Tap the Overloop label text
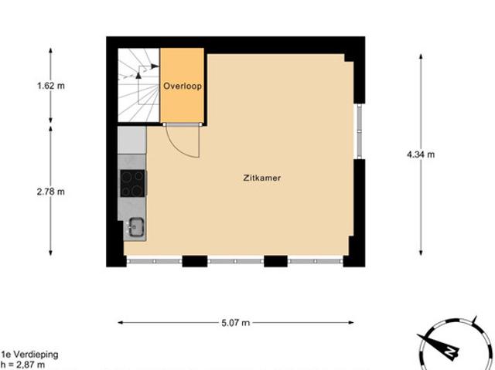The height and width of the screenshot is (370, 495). tap(182, 87)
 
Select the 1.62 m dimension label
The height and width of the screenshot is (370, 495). tap(51, 86)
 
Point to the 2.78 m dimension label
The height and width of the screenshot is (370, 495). tap(51, 192)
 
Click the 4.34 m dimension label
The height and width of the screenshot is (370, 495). tap(421, 154)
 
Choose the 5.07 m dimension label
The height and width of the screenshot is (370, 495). tap(236, 323)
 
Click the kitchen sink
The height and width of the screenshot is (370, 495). tap(135, 227)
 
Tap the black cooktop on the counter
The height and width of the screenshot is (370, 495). tap(132, 184)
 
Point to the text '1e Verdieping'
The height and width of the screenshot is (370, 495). tap(29, 355)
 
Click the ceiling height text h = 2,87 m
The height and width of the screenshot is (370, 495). tap(23, 365)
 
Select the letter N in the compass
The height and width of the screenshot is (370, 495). tap(447, 351)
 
